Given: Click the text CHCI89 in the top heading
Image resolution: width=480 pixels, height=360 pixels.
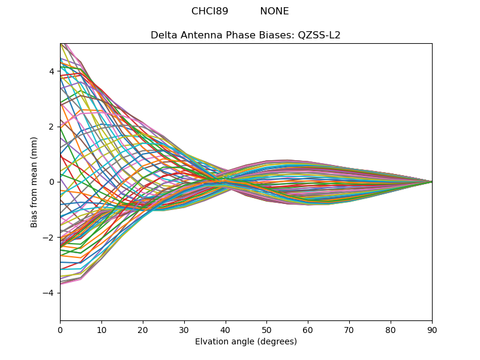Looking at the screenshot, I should point(209,11).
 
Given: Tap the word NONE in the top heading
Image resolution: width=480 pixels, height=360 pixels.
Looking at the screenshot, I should point(274,11).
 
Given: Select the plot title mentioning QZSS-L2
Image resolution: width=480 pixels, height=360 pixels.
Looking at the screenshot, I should point(245,35).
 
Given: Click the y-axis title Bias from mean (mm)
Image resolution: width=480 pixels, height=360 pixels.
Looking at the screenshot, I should point(34,182).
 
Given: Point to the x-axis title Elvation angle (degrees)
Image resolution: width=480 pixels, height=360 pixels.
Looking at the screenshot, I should point(245,342).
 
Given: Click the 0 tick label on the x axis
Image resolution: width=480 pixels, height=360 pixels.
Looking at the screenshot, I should point(60,329).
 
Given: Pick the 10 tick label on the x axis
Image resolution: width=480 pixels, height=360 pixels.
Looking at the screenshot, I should point(101,329).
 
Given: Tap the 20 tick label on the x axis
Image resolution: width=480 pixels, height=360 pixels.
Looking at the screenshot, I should point(143,329).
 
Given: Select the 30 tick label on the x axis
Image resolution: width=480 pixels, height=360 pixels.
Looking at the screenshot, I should point(184,329).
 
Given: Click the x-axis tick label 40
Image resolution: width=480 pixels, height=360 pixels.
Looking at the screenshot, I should point(226,329).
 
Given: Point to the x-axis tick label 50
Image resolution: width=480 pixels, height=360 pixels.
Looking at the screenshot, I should point(266,329).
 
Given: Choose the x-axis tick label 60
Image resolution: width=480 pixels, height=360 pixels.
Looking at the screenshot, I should point(308,329).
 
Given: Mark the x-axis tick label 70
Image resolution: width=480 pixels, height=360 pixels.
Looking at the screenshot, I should point(349,329).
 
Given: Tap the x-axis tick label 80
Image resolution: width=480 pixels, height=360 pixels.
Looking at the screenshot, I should point(391,329).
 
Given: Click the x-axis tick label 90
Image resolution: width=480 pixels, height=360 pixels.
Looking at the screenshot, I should point(432,329).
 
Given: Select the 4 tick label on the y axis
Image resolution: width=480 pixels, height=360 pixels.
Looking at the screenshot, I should point(52,71).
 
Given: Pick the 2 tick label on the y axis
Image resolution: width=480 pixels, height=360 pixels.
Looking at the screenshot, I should point(52,127).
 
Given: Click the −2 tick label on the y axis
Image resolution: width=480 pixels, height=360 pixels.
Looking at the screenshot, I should point(50,238).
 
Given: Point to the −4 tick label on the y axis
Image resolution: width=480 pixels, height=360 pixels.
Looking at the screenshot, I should point(50,293).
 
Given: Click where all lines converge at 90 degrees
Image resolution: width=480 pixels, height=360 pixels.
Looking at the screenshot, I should point(431,182).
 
